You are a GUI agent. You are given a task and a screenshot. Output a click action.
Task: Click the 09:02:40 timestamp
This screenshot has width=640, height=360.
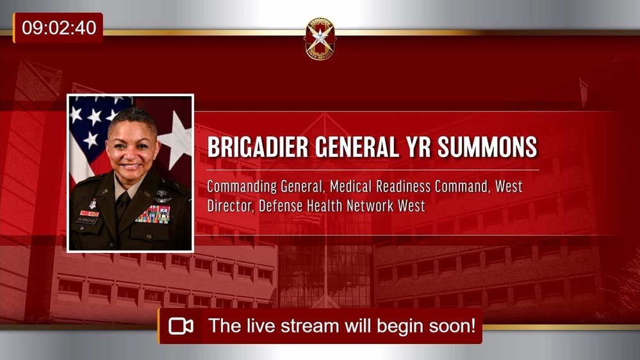pos(59,28)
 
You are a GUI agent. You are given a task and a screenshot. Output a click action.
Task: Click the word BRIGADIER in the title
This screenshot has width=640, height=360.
pos(258,147)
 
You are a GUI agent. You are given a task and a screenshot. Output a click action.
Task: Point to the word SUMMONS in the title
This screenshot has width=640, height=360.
pos(488,147)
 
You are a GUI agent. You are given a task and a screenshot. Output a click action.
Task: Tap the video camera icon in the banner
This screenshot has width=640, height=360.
pos(181,326)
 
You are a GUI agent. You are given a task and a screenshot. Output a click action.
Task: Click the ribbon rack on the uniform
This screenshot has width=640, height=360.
pos(152,214)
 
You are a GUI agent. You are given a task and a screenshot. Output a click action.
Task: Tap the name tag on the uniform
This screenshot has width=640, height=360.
pos(87,220)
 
